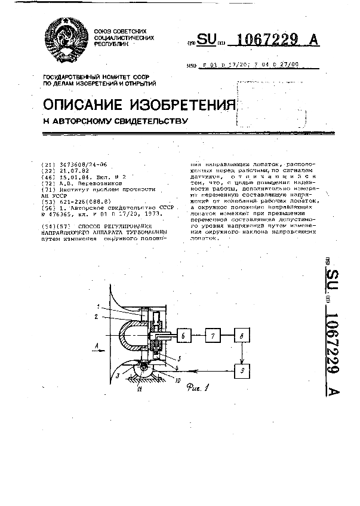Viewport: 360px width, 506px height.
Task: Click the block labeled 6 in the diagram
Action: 183,336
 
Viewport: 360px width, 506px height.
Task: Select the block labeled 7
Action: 212,335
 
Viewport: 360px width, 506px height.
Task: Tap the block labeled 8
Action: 241,335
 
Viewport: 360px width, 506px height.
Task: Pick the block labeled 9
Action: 241,371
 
